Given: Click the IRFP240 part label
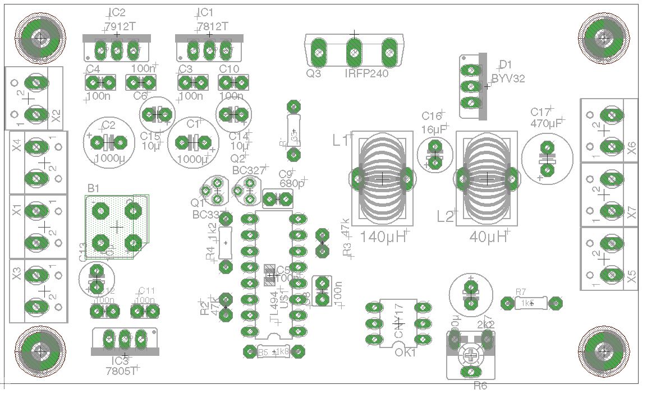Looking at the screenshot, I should click(x=366, y=73).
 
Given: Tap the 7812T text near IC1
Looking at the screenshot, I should click(x=213, y=26).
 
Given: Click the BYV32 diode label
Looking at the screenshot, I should click(x=508, y=78).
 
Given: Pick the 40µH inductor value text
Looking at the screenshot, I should click(x=488, y=237).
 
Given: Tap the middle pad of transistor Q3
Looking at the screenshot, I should click(x=354, y=53).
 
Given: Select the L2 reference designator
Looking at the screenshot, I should click(x=446, y=216).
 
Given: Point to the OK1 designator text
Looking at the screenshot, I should click(x=405, y=353).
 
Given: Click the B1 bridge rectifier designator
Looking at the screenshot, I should click(x=93, y=188).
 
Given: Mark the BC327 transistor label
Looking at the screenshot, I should click(x=248, y=170).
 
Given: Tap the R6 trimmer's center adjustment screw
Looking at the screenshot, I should click(x=472, y=355).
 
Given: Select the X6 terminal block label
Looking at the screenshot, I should click(x=631, y=148).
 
